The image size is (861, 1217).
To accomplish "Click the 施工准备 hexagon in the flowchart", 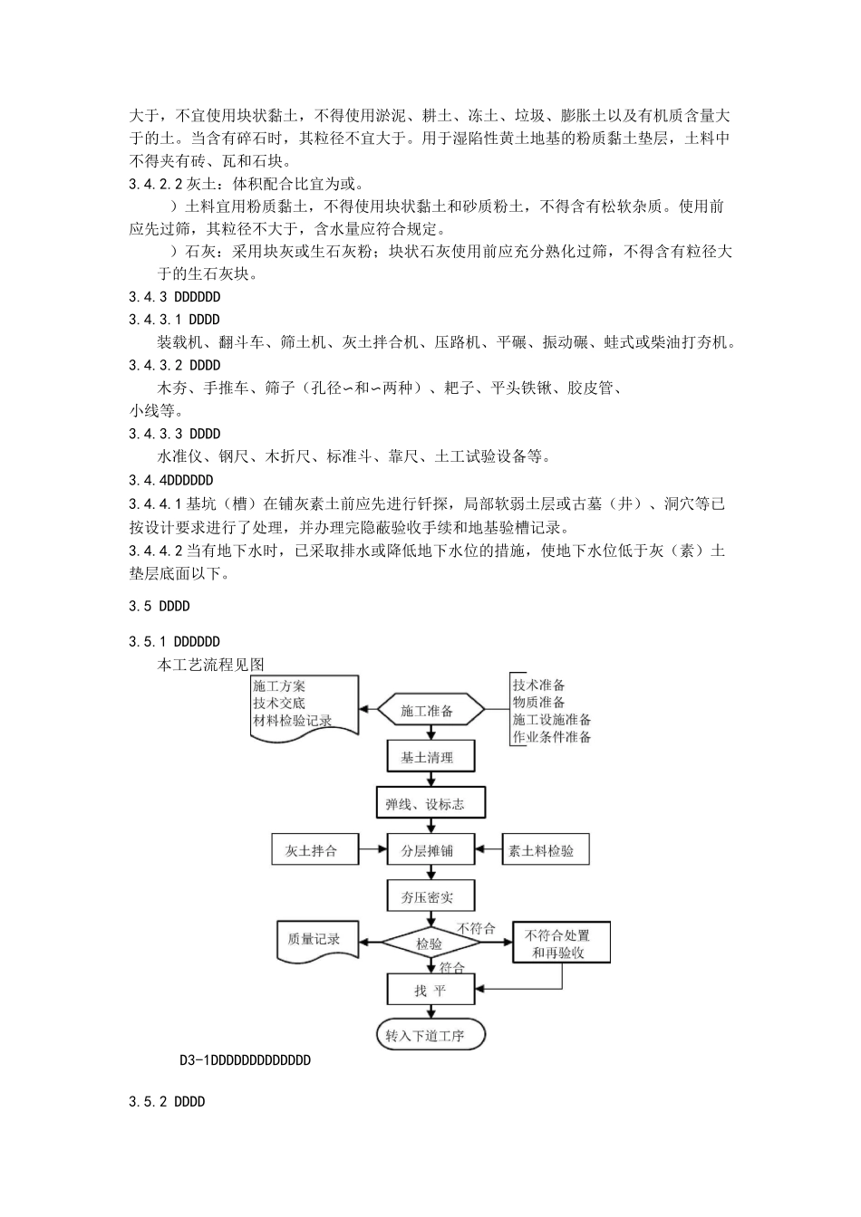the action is [427, 711].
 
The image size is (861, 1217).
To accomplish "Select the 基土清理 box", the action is [427, 757].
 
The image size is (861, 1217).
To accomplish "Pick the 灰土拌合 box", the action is [311, 850].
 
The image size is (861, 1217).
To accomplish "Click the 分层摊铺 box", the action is [427, 850].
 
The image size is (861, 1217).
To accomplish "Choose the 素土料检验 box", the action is [541, 850].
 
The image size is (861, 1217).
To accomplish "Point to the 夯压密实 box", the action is [427, 896].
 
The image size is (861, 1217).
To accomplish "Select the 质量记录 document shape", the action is [314, 940].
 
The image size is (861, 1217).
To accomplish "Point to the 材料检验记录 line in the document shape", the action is [293, 721].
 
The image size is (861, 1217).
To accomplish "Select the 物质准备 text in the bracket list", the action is [539, 702].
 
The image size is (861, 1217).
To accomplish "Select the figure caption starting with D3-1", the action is [245, 1059].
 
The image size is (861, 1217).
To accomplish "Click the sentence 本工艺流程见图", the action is [211, 665].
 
